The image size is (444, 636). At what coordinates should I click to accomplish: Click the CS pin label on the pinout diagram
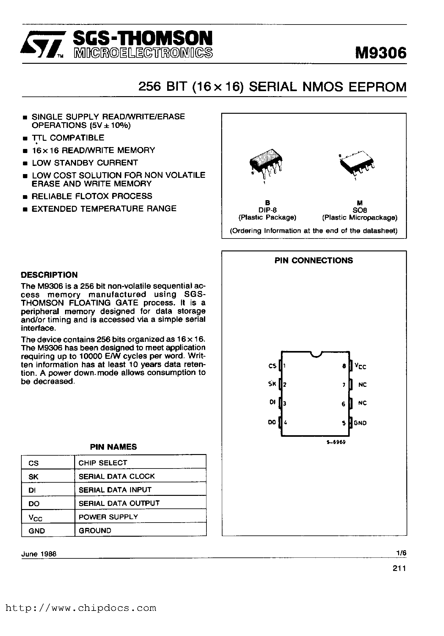pyautogui.click(x=272, y=366)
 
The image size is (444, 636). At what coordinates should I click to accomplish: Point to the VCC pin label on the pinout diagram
pyautogui.click(x=360, y=366)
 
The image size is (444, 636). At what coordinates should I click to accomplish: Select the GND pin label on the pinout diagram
pyautogui.click(x=360, y=423)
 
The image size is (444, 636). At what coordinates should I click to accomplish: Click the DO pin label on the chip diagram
pyautogui.click(x=272, y=423)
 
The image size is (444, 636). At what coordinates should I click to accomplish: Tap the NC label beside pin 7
pyautogui.click(x=362, y=385)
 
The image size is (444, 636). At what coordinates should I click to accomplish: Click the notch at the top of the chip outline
pyautogui.click(x=315, y=354)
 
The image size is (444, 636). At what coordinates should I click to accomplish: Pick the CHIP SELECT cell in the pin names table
pyautogui.click(x=103, y=463)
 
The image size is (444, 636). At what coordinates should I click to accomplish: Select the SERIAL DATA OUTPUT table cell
pyautogui.click(x=119, y=503)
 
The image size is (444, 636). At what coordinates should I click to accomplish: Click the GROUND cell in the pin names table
pyautogui.click(x=95, y=531)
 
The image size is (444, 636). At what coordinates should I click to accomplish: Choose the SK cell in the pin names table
pyautogui.click(x=33, y=477)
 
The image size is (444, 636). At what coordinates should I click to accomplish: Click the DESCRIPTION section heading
pyautogui.click(x=49, y=275)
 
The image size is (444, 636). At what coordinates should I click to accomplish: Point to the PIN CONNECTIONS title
pyautogui.click(x=314, y=260)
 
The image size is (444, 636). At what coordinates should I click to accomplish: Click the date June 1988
pyautogui.click(x=39, y=554)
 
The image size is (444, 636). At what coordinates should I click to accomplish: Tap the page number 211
pyautogui.click(x=399, y=568)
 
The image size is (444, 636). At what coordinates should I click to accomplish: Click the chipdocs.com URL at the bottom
pyautogui.click(x=81, y=608)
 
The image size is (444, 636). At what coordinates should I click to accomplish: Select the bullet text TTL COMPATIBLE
pyautogui.click(x=68, y=138)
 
